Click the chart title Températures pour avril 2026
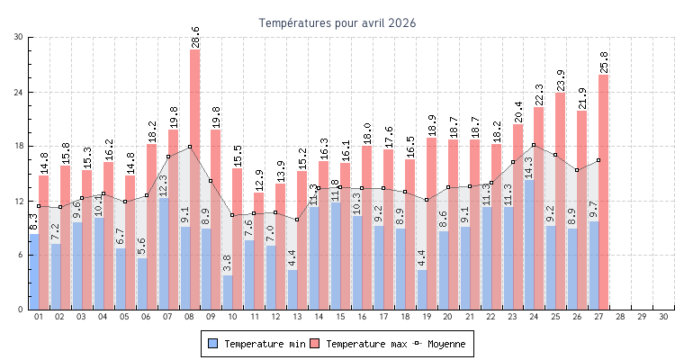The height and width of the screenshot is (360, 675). point(337,22)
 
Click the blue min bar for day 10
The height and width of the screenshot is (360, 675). point(229,292)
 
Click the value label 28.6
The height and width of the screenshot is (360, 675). point(195,37)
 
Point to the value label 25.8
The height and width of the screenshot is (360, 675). point(604,62)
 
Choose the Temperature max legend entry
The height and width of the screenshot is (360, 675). point(357,344)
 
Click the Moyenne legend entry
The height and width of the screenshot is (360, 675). point(440,344)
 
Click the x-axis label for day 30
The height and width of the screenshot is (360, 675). point(663,317)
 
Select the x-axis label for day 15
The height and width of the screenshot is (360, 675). point(340,317)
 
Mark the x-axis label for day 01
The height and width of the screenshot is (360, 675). point(39,317)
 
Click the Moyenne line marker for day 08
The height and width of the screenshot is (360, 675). point(190,147)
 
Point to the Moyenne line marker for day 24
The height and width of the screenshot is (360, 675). point(535,145)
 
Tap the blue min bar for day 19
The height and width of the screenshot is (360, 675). point(422,290)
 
